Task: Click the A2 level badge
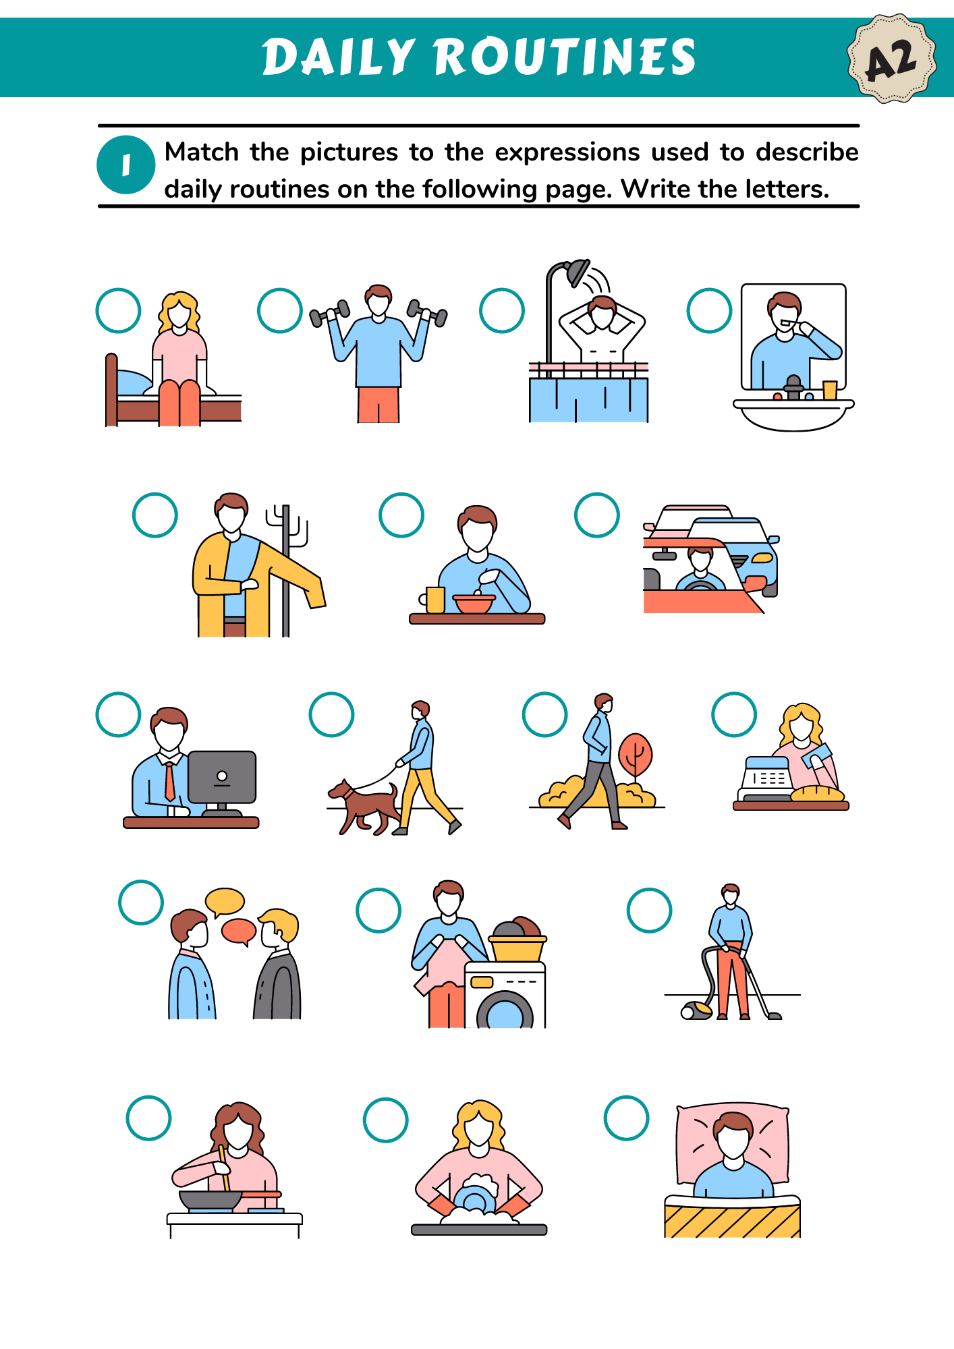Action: [891, 59]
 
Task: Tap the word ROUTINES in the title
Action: [565, 57]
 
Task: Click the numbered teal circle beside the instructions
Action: [126, 165]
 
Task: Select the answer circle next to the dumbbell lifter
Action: [280, 310]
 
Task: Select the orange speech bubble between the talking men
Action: [239, 931]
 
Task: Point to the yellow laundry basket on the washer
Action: [517, 948]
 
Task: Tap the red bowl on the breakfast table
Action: [474, 604]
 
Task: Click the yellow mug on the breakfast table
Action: [434, 600]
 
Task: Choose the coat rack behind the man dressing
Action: [287, 570]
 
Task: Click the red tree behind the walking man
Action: [635, 757]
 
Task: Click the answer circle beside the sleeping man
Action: [627, 1118]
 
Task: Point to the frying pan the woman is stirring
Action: [211, 1200]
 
